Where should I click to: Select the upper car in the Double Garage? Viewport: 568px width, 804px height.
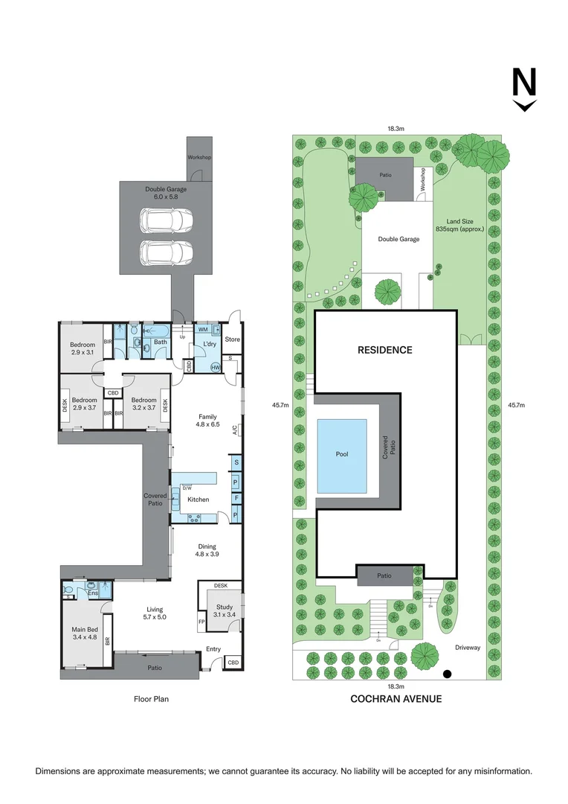pos(167,220)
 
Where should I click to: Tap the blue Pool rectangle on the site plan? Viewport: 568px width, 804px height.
pos(342,456)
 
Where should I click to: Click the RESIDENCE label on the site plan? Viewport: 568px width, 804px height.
pos(384,350)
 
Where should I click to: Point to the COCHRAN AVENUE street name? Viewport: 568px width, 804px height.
pos(396,699)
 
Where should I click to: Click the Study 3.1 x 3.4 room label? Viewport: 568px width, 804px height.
pos(225,611)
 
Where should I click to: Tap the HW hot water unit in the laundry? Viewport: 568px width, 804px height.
pos(215,367)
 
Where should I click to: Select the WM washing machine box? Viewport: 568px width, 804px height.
pos(203,328)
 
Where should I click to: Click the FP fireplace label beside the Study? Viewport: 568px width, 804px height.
pos(201,622)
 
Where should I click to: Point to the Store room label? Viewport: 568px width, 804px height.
pos(233,339)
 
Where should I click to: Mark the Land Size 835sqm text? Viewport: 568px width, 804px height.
pos(460,225)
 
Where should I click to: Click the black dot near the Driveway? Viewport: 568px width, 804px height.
pos(447,674)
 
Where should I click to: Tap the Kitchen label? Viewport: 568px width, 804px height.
pos(199,500)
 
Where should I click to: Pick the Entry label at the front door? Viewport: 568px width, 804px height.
pos(213,649)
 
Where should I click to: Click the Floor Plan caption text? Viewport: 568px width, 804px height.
pos(151,699)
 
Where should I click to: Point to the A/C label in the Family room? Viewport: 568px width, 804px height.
pos(235,429)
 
